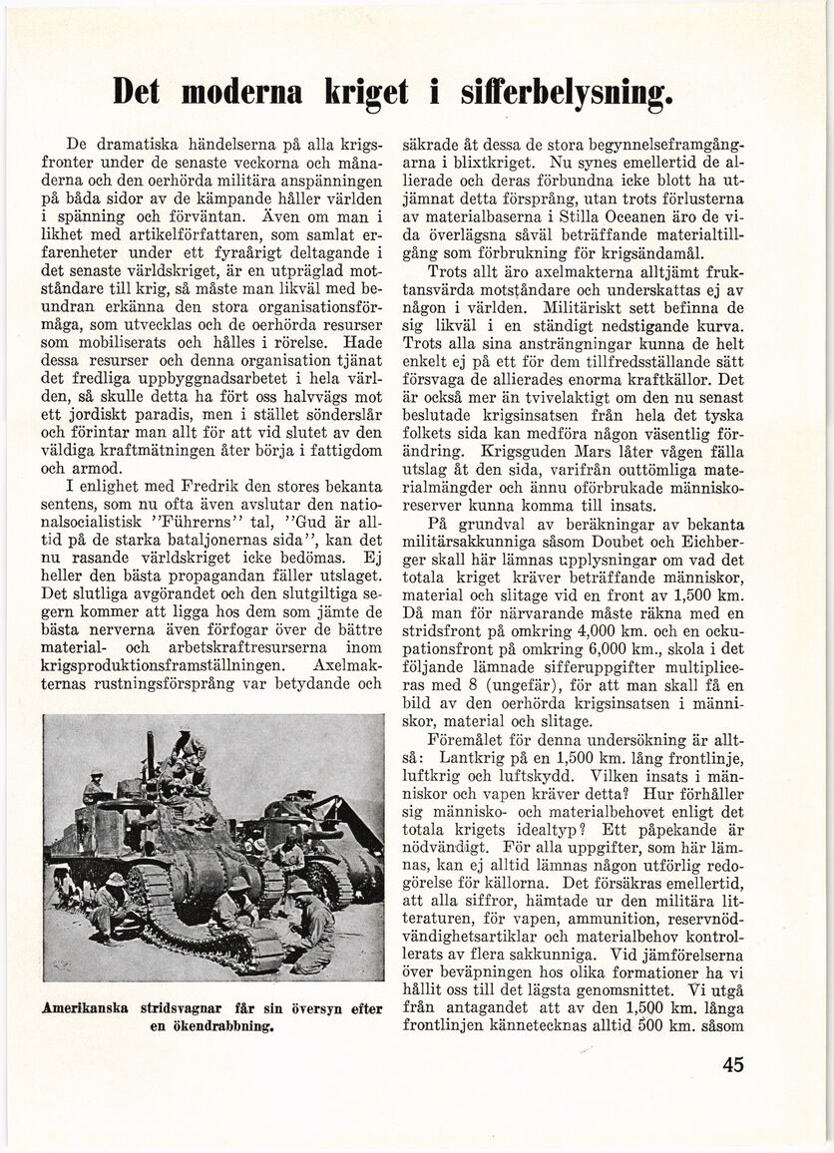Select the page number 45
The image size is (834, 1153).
tap(733, 1064)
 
